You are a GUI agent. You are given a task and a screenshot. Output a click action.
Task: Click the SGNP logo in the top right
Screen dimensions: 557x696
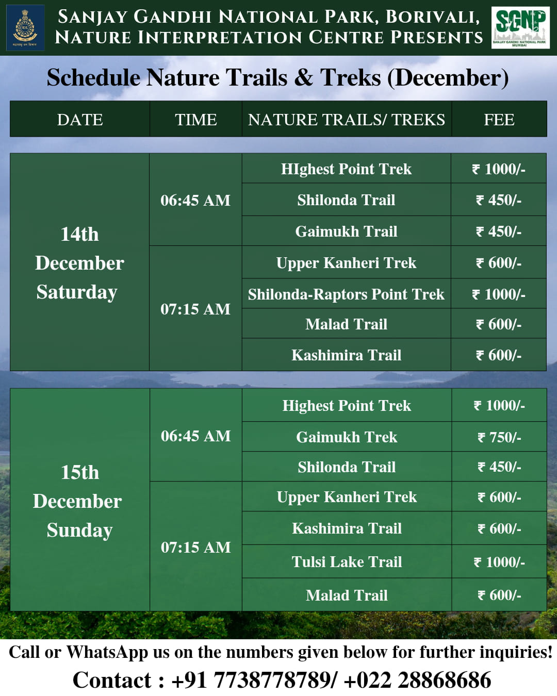pyautogui.click(x=520, y=27)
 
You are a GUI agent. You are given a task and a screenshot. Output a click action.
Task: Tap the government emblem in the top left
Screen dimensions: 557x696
pyautogui.click(x=25, y=27)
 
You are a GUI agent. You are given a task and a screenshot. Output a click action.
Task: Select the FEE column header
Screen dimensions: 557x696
pyautogui.click(x=499, y=119)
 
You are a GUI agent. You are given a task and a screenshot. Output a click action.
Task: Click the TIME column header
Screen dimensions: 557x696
pyautogui.click(x=196, y=119)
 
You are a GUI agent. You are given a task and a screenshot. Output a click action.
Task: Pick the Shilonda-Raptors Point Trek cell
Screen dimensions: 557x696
pyautogui.click(x=346, y=294)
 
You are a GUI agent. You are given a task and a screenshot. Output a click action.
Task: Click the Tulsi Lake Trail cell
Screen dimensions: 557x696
pyautogui.click(x=347, y=562)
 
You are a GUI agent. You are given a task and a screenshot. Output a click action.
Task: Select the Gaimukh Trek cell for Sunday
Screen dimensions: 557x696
pyautogui.click(x=347, y=437)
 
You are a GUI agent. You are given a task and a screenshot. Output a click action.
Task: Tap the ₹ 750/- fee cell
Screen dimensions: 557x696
pyautogui.click(x=499, y=437)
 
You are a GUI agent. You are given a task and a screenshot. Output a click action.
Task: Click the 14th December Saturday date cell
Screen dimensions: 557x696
pyautogui.click(x=79, y=262)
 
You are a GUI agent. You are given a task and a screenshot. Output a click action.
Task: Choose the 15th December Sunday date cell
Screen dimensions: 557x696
pyautogui.click(x=79, y=500)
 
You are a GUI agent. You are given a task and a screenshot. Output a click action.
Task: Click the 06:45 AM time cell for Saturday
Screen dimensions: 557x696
pyautogui.click(x=195, y=200)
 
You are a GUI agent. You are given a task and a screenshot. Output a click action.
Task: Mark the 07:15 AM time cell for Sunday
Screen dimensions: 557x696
pyautogui.click(x=196, y=547)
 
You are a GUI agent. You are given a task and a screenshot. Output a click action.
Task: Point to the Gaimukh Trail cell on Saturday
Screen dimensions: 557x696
pyautogui.click(x=346, y=231)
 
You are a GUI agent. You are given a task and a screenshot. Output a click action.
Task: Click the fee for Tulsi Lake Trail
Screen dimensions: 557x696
pyautogui.click(x=499, y=562)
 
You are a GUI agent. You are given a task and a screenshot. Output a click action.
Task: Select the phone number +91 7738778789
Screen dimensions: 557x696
pyautogui.click(x=252, y=680)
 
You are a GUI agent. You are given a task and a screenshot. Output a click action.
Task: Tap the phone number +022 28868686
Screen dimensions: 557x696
pyautogui.click(x=418, y=680)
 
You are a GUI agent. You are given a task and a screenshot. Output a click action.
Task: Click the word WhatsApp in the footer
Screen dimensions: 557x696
pyautogui.click(x=107, y=652)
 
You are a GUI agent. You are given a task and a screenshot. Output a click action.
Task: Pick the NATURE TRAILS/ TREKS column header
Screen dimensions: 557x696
pyautogui.click(x=347, y=119)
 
